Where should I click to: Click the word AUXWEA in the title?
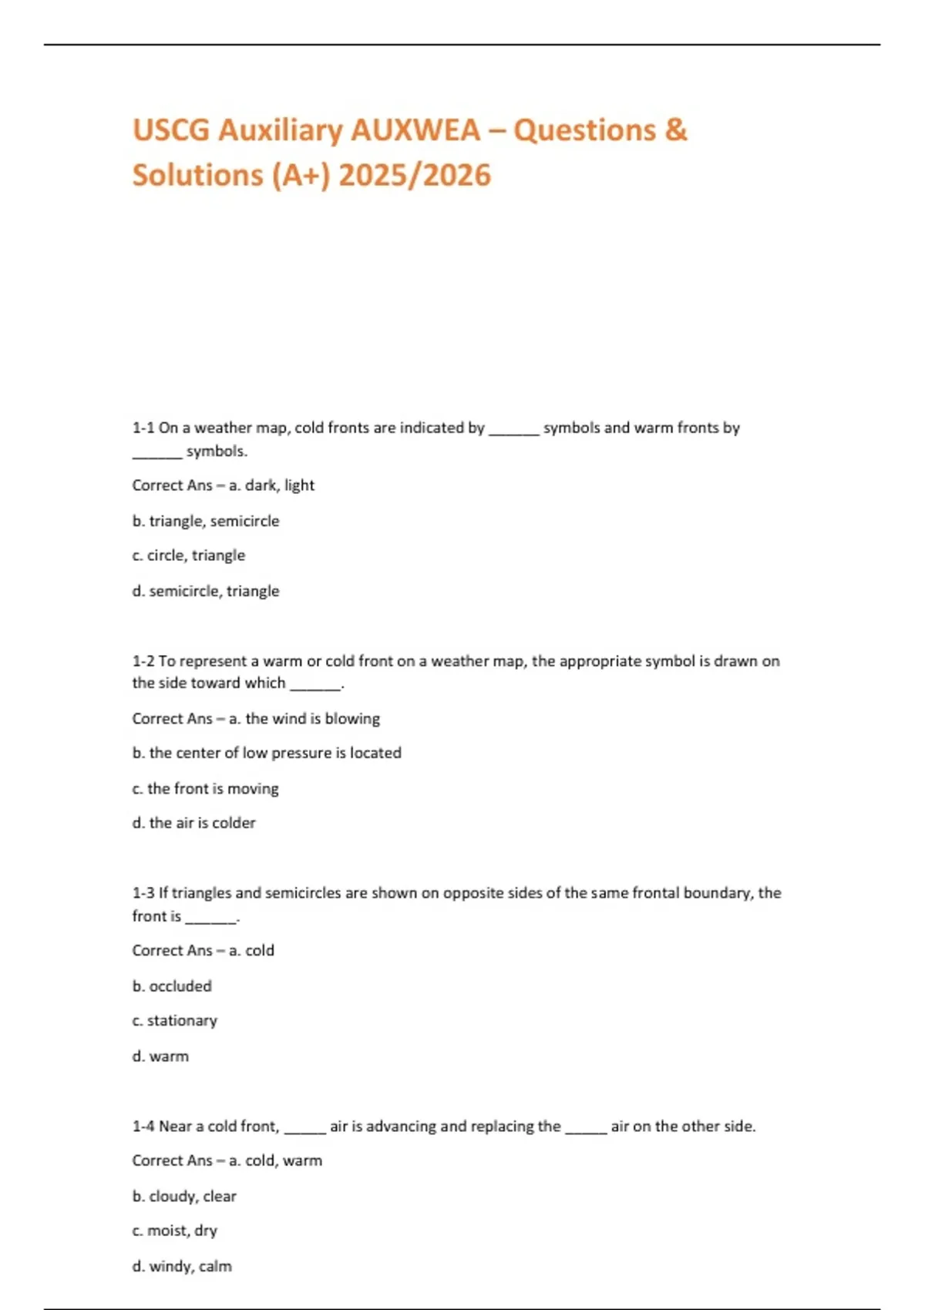pyautogui.click(x=415, y=130)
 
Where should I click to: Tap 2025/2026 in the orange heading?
pyautogui.click(x=414, y=175)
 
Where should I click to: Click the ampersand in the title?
pyautogui.click(x=675, y=130)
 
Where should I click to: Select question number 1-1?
pyautogui.click(x=143, y=428)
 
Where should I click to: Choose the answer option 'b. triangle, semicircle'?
pyautogui.click(x=206, y=521)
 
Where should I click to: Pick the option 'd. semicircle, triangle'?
pyautogui.click(x=206, y=591)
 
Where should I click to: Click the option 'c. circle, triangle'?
pyautogui.click(x=189, y=556)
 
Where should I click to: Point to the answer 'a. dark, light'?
pyautogui.click(x=271, y=485)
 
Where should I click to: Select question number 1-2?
pyautogui.click(x=143, y=661)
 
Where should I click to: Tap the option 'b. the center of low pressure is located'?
pyautogui.click(x=267, y=753)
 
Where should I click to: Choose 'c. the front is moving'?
pyautogui.click(x=206, y=788)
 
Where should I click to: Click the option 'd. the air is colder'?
pyautogui.click(x=193, y=823)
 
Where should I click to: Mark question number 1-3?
pyautogui.click(x=143, y=893)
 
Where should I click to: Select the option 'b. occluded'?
pyautogui.click(x=172, y=986)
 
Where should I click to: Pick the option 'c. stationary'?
pyautogui.click(x=175, y=1021)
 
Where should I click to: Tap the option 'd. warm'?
pyautogui.click(x=160, y=1056)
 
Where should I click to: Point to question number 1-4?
pyautogui.click(x=143, y=1127)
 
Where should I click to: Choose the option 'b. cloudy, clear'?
pyautogui.click(x=184, y=1197)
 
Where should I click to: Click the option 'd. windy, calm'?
pyautogui.click(x=182, y=1266)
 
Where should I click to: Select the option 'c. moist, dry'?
pyautogui.click(x=175, y=1231)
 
